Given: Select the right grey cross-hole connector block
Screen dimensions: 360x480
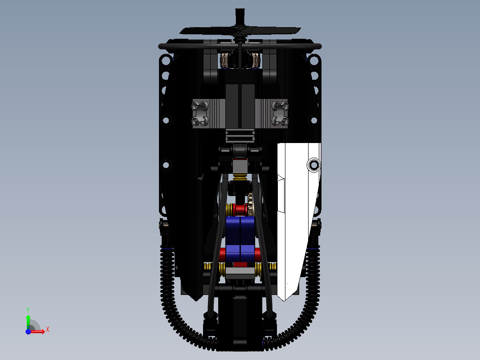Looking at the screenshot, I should click(280, 113).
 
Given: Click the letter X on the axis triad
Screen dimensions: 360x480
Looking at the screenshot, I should click(47, 329).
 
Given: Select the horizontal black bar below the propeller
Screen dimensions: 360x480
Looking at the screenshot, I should click(187, 46).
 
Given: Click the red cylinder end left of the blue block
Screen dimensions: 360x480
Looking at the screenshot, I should click(222, 255).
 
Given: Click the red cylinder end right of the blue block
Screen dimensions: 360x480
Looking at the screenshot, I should click(258, 255).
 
